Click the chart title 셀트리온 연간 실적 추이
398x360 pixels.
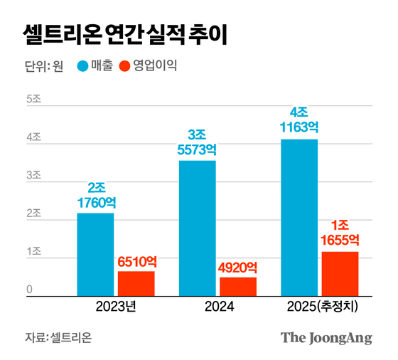pos(124,33)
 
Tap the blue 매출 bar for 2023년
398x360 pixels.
pos(95,254)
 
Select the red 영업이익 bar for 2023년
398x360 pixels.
pos(136,283)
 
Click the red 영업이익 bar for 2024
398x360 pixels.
pos(238,286)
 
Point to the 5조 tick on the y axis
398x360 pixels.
pos(33,99)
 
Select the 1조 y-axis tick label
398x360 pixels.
pos(33,252)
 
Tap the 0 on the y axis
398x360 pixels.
pos(30,288)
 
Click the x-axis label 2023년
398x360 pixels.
pos(115,307)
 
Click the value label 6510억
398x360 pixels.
pos(136,261)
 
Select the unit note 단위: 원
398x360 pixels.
pos(44,67)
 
